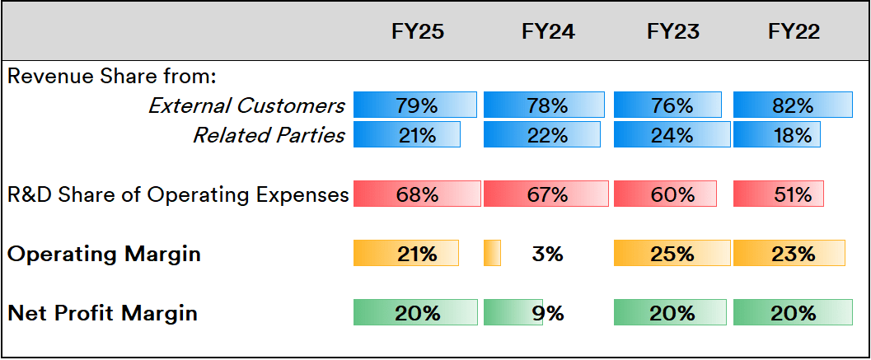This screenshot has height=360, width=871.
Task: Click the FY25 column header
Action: click(418, 32)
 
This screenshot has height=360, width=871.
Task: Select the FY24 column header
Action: click(548, 32)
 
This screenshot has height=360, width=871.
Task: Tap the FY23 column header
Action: click(673, 32)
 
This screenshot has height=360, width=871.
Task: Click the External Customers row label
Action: click(246, 105)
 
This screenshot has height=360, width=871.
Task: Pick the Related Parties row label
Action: click(269, 135)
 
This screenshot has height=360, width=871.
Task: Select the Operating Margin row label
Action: click(104, 254)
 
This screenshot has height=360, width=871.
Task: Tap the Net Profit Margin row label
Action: click(102, 313)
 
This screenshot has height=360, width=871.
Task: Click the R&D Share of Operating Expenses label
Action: click(178, 194)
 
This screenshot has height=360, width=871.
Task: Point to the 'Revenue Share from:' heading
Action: click(111, 77)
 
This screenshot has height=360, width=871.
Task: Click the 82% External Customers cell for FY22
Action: click(793, 105)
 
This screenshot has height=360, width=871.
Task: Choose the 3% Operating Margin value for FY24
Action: click(548, 254)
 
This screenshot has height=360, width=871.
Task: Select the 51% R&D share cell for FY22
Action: click(779, 194)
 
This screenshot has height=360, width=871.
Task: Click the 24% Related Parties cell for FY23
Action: click(672, 135)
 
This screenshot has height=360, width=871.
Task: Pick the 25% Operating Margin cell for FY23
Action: click(672, 254)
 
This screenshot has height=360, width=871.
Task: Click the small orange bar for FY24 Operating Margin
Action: click(492, 254)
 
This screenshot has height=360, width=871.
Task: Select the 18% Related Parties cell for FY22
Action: click(777, 135)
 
